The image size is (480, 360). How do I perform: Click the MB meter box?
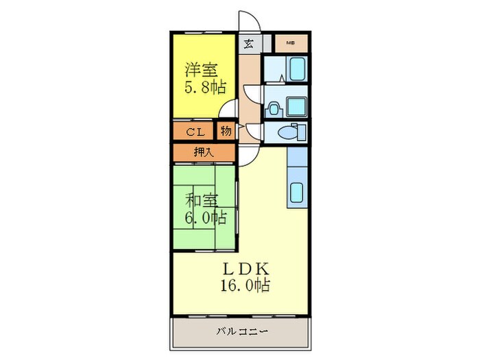tap(291, 43)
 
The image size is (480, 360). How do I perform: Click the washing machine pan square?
tap(297, 107)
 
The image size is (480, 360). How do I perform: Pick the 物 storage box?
tap(226, 130)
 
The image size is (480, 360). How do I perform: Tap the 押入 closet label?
tap(204, 152)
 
